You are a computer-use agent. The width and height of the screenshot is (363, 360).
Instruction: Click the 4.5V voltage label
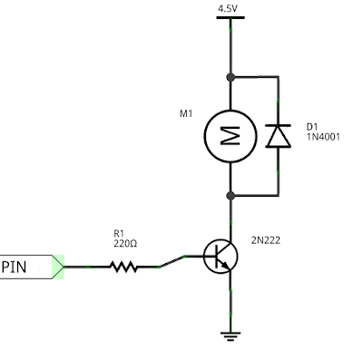click(227, 8)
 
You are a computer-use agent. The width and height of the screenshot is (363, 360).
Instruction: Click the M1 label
click(188, 114)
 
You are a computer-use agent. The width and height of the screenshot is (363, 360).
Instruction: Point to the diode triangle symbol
click(277, 136)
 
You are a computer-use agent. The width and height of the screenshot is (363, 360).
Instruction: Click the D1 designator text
click(312, 126)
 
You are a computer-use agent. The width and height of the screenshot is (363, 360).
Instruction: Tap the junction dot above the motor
click(231, 77)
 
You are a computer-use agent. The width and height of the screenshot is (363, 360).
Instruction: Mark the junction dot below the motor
click(231, 195)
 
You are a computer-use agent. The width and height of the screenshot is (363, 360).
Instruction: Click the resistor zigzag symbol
click(123, 267)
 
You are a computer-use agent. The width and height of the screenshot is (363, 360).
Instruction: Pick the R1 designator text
click(119, 232)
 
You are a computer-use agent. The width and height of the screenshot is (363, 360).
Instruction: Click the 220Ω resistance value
click(124, 243)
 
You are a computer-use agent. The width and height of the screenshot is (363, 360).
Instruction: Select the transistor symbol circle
click(219, 257)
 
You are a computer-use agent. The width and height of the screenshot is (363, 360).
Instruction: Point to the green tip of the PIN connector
click(61, 267)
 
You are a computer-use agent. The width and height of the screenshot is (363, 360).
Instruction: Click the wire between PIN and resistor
click(86, 267)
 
